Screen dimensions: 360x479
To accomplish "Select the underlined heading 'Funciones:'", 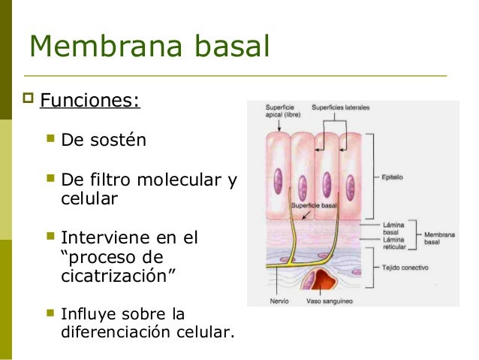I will (89, 100).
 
